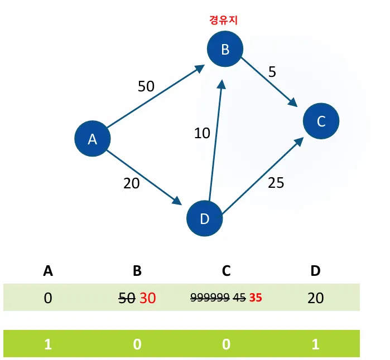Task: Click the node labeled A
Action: [x=93, y=139]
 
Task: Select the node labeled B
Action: [x=225, y=49]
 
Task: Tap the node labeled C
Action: [x=321, y=121]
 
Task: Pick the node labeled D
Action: [x=204, y=218]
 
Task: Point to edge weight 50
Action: [x=146, y=86]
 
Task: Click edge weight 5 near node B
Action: [x=272, y=72]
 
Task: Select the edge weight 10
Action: [x=202, y=133]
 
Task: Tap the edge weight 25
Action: [x=276, y=182]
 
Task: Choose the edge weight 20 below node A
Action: [x=131, y=183]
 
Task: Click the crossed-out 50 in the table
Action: [x=127, y=298]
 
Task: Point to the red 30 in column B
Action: [x=147, y=298]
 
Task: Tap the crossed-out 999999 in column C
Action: [x=210, y=298]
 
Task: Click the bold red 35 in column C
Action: [x=256, y=298]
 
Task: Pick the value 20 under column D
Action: [x=315, y=298]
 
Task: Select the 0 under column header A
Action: [x=48, y=298]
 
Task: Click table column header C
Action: [x=226, y=271]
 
